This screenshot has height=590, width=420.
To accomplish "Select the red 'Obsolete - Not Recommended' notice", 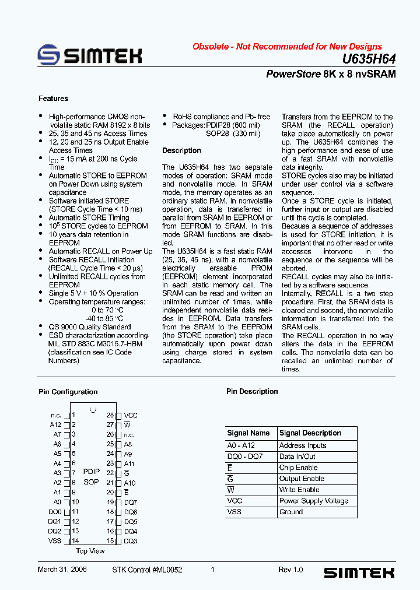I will point(287,47).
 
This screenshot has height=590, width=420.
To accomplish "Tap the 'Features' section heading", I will point(53,99).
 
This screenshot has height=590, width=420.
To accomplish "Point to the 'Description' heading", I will point(181,150).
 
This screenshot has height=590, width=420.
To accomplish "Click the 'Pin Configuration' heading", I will point(68,392).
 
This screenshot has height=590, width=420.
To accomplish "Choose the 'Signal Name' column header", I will point(249,433).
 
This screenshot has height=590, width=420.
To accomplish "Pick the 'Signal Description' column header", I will point(310,433).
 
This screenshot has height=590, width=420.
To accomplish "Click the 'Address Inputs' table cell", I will point(303,445).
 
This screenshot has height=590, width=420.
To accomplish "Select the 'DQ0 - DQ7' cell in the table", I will point(241,456).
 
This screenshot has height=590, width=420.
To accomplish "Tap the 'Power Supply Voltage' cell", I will point(314,501).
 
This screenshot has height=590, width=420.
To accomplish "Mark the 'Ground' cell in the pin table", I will point(291,512).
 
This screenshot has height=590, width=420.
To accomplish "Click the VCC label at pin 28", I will point(131,415).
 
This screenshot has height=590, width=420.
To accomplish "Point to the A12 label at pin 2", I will point(55,425).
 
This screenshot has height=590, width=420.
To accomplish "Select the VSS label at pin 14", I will point(55,541).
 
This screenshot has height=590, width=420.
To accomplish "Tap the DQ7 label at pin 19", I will point(131,502).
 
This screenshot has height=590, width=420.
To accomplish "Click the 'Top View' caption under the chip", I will point(90,551).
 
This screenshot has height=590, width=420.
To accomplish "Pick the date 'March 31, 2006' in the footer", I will point(62,570).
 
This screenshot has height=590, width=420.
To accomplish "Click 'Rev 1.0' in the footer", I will point(290,570).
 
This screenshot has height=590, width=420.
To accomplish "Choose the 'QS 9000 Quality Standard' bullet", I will point(89,327).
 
